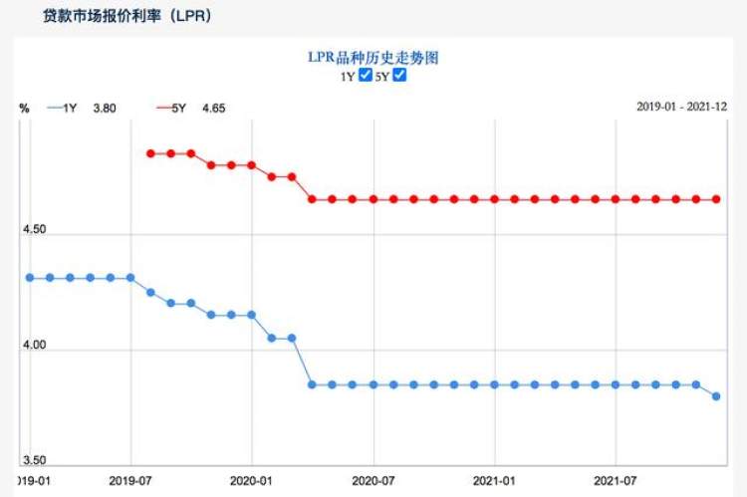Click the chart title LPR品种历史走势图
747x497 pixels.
(373, 58)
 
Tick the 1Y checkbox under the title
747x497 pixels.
(366, 75)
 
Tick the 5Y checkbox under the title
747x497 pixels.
(399, 75)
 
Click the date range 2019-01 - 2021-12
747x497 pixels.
(681, 107)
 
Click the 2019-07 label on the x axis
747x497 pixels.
(130, 480)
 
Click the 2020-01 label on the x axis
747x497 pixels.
(252, 480)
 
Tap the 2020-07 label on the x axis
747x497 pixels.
(373, 480)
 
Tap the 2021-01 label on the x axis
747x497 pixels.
(495, 480)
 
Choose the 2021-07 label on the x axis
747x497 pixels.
(616, 480)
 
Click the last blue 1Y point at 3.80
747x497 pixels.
(715, 396)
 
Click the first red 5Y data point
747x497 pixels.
(150, 153)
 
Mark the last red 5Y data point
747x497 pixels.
(715, 199)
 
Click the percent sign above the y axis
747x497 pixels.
(24, 108)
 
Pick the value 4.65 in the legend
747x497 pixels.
(213, 108)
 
